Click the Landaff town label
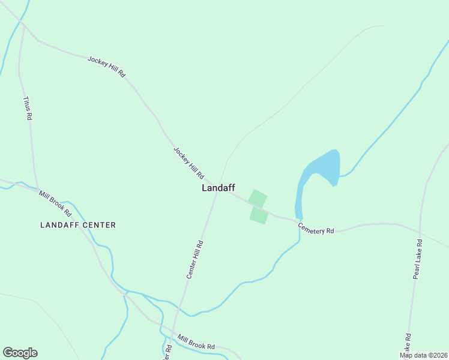point(218,188)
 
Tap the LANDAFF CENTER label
point(77,225)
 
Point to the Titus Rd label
point(26,109)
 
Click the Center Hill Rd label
point(195,260)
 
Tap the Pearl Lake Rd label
point(417,259)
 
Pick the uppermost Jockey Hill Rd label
point(106,66)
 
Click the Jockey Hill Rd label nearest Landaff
point(188,163)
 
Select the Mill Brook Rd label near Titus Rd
point(55,203)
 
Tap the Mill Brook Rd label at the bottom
point(196,343)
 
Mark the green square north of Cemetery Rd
point(258,199)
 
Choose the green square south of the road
point(259,215)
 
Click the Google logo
point(20,353)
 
